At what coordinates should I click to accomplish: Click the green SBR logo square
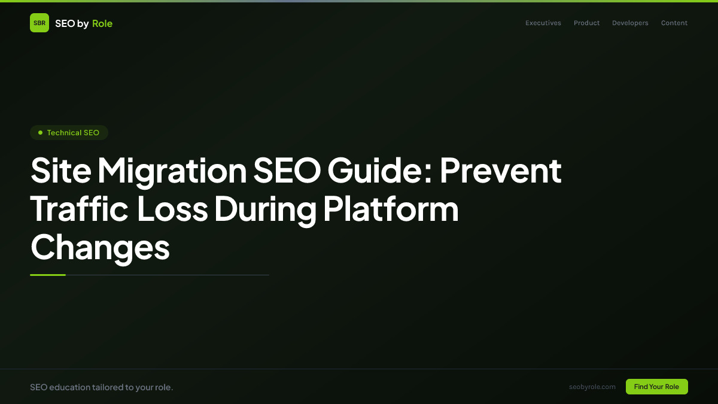tap(39, 23)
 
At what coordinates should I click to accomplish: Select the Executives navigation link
tap(543, 23)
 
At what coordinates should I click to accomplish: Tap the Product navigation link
tap(586, 23)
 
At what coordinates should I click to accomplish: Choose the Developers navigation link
tap(630, 23)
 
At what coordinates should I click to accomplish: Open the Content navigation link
tap(674, 23)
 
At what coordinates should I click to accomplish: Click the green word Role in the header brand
tap(102, 23)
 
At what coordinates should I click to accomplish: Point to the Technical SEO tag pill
tap(69, 132)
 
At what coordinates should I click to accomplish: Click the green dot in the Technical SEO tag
tap(40, 132)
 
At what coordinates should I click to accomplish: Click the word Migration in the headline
tap(172, 171)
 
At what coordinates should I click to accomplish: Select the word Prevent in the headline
tap(501, 171)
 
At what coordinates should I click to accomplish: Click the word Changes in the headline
tap(100, 247)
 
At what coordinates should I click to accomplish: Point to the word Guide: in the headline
tap(379, 171)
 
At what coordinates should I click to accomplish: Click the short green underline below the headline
tap(48, 275)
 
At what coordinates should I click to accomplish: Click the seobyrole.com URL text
tap(592, 387)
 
